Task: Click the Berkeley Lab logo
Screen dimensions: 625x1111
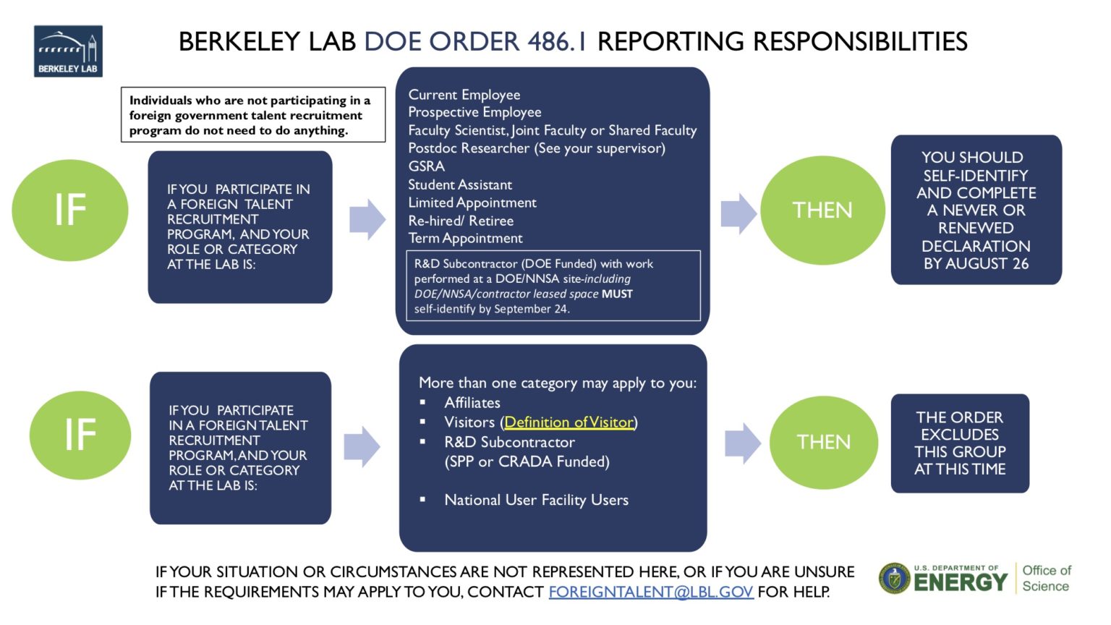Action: [x=68, y=51]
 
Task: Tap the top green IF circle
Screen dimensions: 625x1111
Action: [x=70, y=210]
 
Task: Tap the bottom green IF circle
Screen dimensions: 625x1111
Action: [x=80, y=435]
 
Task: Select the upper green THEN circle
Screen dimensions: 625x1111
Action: [x=822, y=211]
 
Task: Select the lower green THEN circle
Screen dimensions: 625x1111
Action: [x=823, y=442]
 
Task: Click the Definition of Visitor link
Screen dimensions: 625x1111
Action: [x=569, y=422]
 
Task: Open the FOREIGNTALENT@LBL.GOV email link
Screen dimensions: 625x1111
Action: [x=651, y=592]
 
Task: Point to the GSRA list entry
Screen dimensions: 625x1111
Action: [x=426, y=166]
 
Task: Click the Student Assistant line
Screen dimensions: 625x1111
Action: [x=460, y=184]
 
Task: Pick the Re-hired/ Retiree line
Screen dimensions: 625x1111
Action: [x=461, y=221]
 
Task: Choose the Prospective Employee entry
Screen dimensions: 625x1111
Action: [x=474, y=112]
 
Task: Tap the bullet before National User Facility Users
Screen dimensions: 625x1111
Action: [x=423, y=500]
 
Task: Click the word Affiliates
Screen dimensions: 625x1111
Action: [x=472, y=403]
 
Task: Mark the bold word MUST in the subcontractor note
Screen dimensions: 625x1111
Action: [x=617, y=294]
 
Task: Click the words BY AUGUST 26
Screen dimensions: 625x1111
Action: [x=976, y=264]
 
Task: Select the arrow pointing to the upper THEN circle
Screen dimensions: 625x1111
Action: [x=738, y=213]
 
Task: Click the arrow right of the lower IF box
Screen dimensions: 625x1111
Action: [x=362, y=446]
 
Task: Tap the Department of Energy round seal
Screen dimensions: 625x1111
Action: [x=895, y=579]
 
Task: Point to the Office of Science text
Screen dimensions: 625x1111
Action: [x=1046, y=578]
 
